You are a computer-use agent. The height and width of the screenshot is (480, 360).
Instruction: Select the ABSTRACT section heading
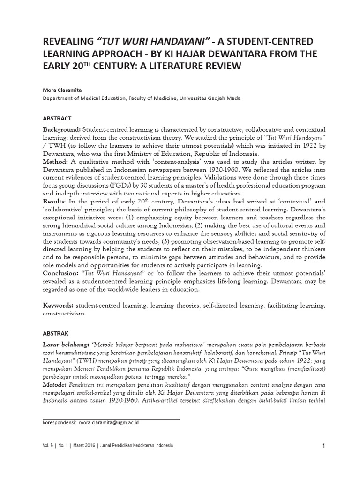tap(57, 119)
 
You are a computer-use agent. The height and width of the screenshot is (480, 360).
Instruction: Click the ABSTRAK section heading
tap(56, 333)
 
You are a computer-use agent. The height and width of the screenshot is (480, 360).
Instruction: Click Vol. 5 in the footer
tap(49, 446)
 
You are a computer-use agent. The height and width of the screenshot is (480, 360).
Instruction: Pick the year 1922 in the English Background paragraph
tap(301, 145)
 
